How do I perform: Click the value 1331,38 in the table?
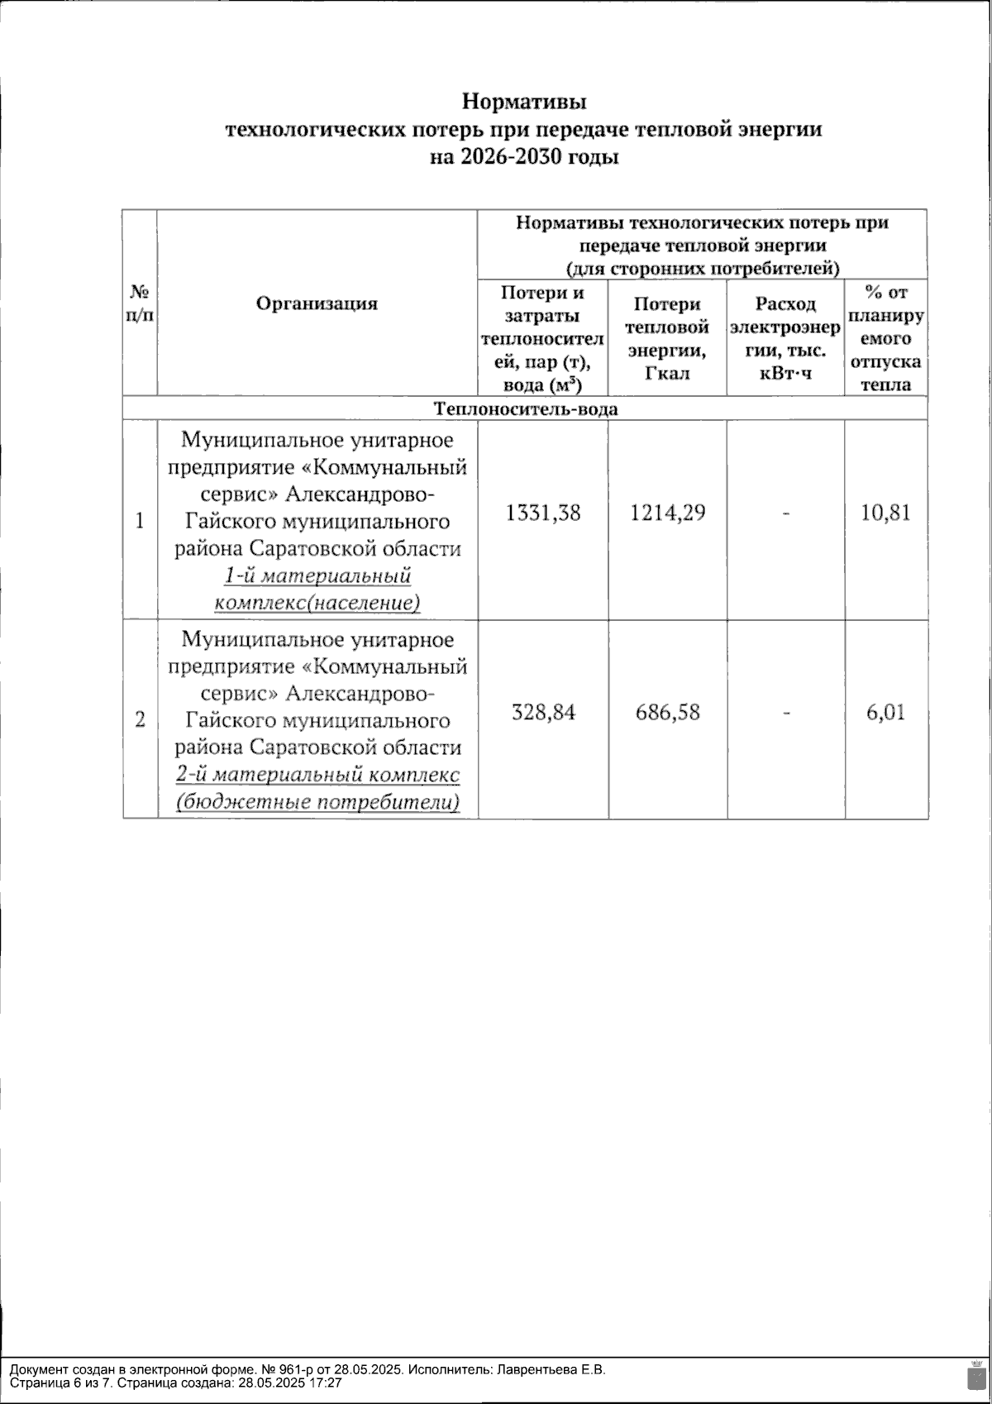(x=543, y=513)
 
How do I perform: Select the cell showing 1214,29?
(x=667, y=513)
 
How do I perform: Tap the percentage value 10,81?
(x=885, y=513)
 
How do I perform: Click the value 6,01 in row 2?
(x=885, y=713)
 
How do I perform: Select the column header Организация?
(x=317, y=303)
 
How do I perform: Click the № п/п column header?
(x=140, y=303)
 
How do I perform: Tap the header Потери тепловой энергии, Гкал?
(x=667, y=338)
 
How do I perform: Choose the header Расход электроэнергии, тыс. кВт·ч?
(x=785, y=338)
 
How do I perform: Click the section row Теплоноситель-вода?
(x=525, y=408)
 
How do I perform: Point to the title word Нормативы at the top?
(x=524, y=103)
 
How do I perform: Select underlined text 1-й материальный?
(x=317, y=576)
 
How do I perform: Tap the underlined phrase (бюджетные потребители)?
(x=317, y=802)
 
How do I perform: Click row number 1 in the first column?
(x=140, y=521)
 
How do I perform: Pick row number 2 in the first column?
(x=140, y=719)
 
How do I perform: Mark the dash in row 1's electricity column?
(x=785, y=514)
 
